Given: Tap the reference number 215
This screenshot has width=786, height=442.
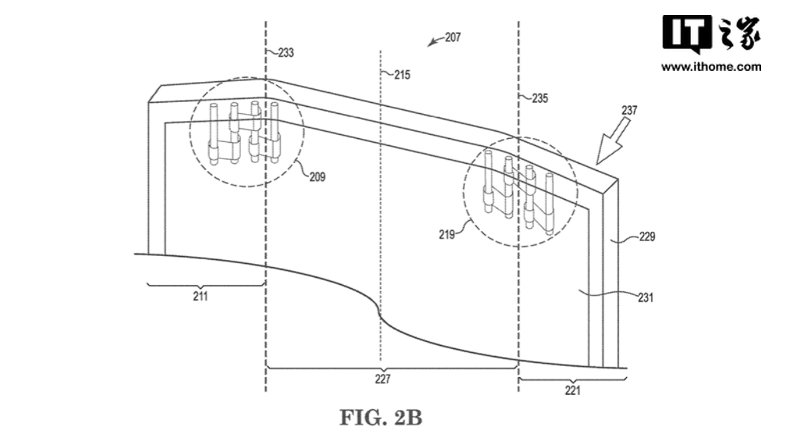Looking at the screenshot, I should point(402,75).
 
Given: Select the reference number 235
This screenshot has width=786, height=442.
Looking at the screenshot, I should point(539,99).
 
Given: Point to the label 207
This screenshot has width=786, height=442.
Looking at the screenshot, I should point(453,38).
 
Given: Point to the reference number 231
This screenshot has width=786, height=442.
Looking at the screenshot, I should point(645,297).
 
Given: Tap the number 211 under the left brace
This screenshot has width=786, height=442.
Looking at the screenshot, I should point(200,297).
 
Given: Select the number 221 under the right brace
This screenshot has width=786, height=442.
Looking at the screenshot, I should point(572,392).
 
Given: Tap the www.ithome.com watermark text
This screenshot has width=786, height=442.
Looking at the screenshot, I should point(711,67).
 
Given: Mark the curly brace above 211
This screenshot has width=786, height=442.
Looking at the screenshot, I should point(205,285).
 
